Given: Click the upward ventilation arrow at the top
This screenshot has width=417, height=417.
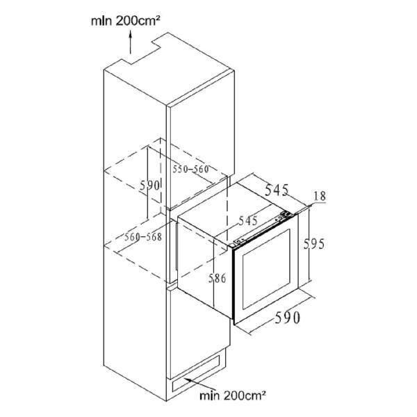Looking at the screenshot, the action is pyautogui.click(x=131, y=42).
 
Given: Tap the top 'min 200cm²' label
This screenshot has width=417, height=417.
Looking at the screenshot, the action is pyautogui.click(x=125, y=21).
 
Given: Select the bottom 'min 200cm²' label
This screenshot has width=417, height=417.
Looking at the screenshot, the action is pyautogui.click(x=233, y=395).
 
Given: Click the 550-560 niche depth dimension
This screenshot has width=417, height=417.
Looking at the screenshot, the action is pyautogui.click(x=190, y=169).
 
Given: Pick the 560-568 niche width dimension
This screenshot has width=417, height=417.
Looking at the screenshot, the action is pyautogui.click(x=143, y=237).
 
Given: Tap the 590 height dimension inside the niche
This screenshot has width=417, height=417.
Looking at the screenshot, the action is pyautogui.click(x=149, y=186).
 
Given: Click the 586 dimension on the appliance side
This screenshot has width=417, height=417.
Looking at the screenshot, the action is pyautogui.click(x=217, y=278).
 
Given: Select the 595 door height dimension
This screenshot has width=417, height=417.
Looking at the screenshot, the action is pyautogui.click(x=314, y=244).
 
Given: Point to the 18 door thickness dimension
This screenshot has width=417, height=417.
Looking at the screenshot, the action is pyautogui.click(x=320, y=196).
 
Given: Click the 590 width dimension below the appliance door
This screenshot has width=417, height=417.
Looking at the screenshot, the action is pyautogui.click(x=287, y=318).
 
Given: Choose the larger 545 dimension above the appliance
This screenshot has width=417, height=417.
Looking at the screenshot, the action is pyautogui.click(x=277, y=190).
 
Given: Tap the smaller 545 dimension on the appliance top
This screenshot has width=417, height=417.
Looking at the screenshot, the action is pyautogui.click(x=248, y=221).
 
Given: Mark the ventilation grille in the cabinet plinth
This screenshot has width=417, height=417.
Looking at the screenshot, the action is pyautogui.click(x=196, y=374).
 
